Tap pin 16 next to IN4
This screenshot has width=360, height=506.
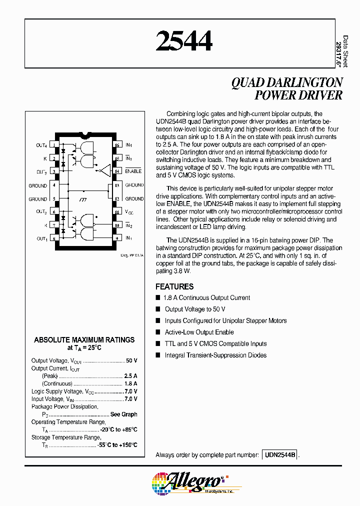[117, 145]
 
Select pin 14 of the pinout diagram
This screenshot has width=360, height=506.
[117, 171]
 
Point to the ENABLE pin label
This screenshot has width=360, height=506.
[133, 171]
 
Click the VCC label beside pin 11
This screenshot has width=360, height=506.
[129, 212]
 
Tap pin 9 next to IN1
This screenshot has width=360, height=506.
[117, 238]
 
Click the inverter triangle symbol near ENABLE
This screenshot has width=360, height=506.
[104, 171]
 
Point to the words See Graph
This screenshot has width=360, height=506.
[123, 414]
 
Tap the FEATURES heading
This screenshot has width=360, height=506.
[174, 286]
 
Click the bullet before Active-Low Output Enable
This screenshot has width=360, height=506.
[158, 332]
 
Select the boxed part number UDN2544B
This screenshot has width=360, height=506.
[280, 455]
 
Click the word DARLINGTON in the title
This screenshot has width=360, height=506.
[304, 83]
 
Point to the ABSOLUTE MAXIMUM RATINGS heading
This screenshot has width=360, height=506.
[84, 340]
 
